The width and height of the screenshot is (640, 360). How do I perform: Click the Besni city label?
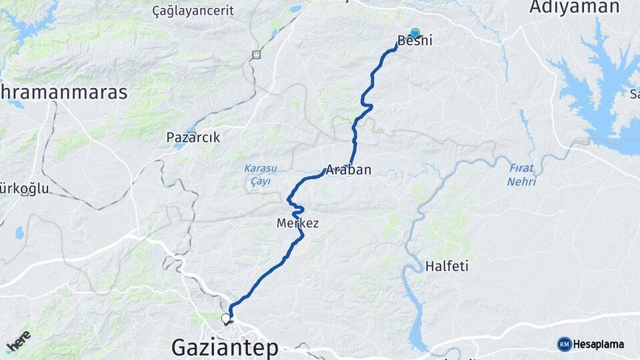tap(415, 41)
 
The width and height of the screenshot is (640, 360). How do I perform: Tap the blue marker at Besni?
tap(415, 33)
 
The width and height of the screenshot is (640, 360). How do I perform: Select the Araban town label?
tap(348, 169)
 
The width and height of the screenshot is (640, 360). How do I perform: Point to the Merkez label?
tap(297, 224)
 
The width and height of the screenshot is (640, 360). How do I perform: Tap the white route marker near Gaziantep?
tap(225, 319)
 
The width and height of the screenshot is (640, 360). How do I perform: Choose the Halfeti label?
tap(447, 267)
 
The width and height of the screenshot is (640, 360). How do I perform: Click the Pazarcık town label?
tap(193, 138)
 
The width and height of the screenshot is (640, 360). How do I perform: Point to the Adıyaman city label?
tap(574, 7)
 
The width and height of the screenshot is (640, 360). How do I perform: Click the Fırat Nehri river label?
tap(521, 175)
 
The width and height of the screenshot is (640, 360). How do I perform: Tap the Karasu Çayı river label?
tap(257, 175)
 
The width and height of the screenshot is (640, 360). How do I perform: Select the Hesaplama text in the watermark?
tap(599, 344)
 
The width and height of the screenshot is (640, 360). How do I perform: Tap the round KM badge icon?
tap(565, 344)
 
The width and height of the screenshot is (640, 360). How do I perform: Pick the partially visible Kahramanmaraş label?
tap(63, 93)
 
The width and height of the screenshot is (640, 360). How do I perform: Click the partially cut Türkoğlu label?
tap(25, 189)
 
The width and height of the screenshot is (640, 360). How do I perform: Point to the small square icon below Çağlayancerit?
tap(256, 55)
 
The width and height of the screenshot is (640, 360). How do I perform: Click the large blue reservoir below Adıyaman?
tap(597, 93)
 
